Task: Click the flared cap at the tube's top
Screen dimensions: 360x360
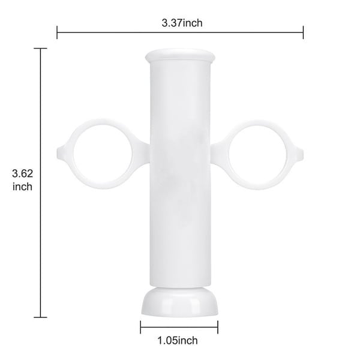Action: tap(179, 56)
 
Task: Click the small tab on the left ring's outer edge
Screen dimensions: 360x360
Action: tap(62, 149)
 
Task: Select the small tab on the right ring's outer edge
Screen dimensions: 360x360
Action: tap(298, 149)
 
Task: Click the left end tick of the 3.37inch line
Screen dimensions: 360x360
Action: tap(57, 32)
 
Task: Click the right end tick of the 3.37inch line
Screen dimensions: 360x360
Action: tap(303, 32)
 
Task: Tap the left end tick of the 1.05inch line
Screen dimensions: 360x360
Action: tap(141, 328)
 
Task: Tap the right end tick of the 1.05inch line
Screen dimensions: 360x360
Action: tap(217, 328)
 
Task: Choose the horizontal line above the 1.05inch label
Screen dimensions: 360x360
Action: tap(179, 328)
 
